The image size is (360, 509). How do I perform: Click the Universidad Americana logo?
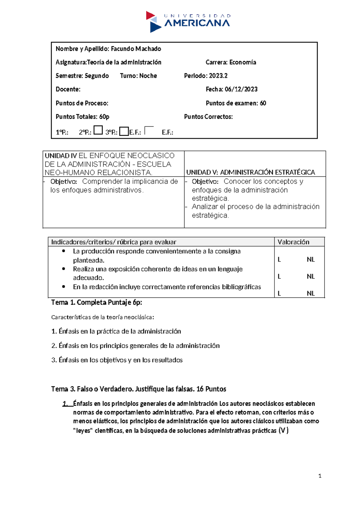[188, 22]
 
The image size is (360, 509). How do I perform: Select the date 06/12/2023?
[241, 89]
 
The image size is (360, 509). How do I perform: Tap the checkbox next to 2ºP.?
[98, 130]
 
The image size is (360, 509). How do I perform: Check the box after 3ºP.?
[124, 131]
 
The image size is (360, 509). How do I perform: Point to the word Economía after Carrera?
[243, 62]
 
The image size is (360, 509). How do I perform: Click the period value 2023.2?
[218, 76]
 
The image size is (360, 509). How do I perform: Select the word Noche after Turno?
[148, 76]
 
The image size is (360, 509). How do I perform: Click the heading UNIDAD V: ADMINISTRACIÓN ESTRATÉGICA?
[250, 172]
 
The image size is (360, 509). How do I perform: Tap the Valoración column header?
[293, 242]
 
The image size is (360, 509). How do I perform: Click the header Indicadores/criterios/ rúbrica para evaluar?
[114, 242]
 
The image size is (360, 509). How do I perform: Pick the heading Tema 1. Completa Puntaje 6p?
[97, 302]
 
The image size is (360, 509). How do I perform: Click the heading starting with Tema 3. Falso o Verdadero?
[139, 389]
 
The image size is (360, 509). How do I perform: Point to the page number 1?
[320, 476]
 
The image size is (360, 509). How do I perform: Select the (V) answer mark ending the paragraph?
[283, 431]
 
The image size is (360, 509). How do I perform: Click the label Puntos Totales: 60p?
[82, 116]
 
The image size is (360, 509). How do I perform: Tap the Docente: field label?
[68, 89]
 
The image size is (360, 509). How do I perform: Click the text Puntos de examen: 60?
[236, 103]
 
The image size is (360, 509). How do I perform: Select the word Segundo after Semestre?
[97, 76]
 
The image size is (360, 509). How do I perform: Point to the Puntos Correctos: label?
[208, 116]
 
